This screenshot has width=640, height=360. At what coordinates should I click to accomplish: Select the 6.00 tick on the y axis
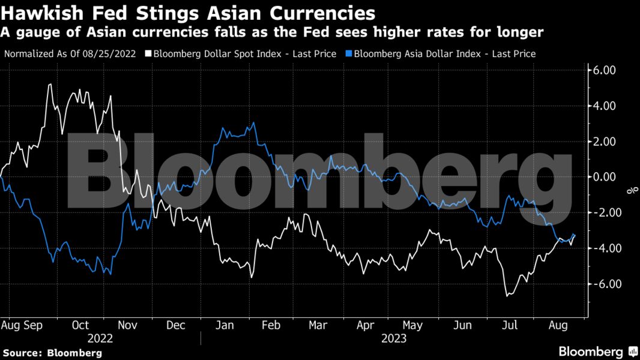point(603,70)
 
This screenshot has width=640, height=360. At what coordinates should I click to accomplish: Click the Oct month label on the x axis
point(80,325)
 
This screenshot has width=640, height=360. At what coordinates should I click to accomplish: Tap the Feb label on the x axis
point(271,325)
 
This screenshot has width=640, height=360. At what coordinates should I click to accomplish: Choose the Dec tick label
point(176,325)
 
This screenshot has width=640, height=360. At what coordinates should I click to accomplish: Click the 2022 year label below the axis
point(100,338)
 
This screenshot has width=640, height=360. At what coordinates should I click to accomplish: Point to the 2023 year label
point(393,338)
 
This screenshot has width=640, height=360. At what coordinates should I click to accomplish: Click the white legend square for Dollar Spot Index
point(148,53)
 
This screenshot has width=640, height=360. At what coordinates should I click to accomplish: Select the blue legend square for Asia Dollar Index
point(348,53)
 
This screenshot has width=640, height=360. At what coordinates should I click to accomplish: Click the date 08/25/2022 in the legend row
point(113,53)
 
